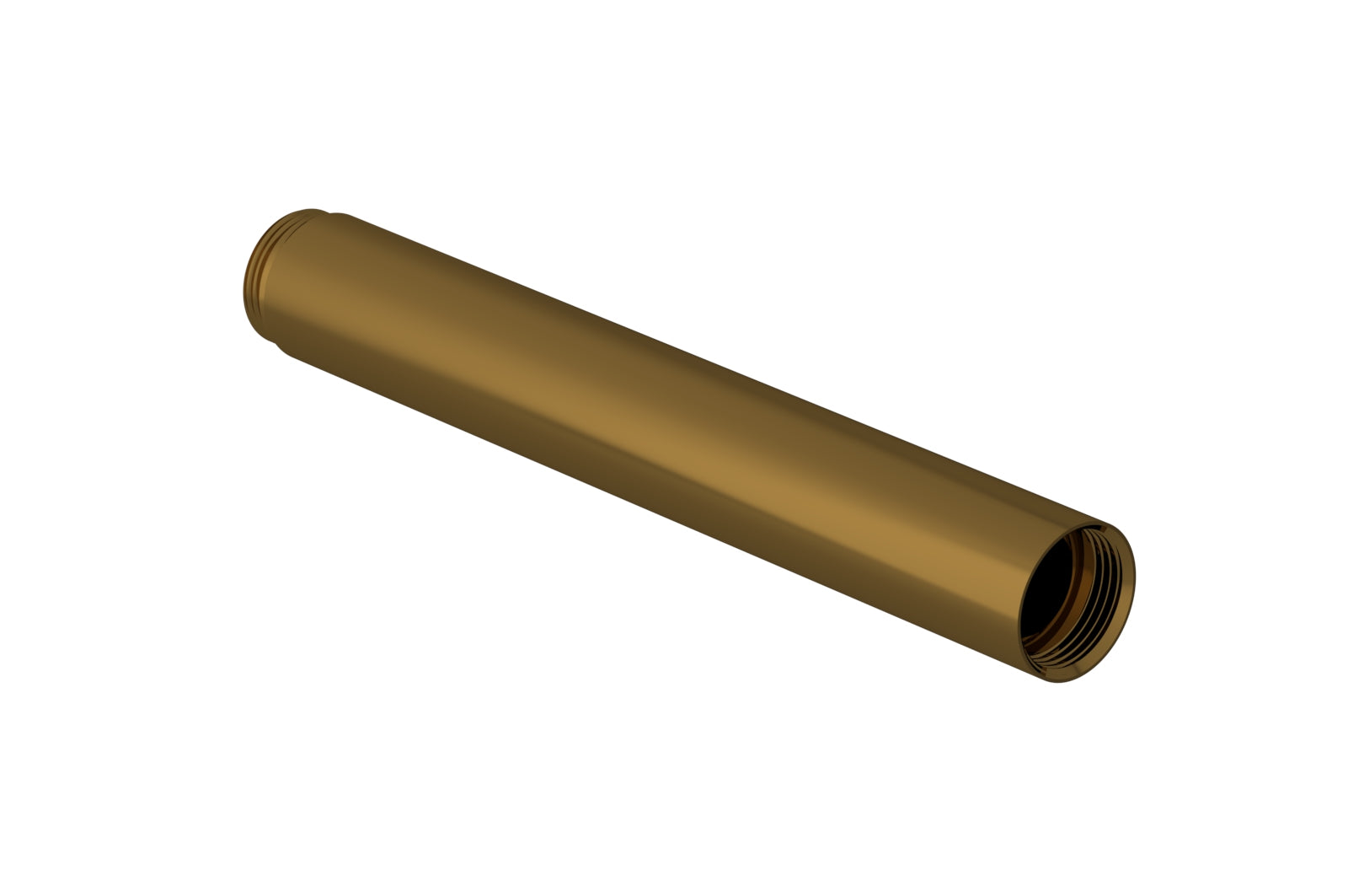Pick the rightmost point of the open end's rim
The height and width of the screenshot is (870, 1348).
click(x=1136, y=582)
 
